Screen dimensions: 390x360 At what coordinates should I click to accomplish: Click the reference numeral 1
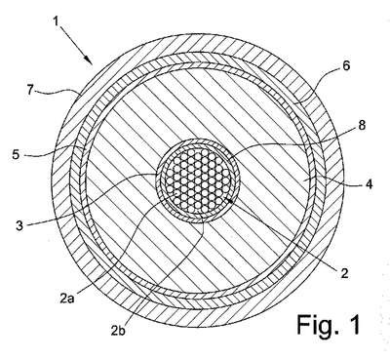click(x=56, y=21)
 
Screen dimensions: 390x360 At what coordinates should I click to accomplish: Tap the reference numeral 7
click(x=30, y=90)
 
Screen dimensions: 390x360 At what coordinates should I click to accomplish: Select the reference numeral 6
click(x=346, y=65)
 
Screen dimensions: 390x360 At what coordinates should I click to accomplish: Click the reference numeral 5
click(x=16, y=154)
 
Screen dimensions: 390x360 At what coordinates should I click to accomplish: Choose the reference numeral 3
click(x=19, y=225)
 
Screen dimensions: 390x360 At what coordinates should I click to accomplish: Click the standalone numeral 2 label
click(x=344, y=272)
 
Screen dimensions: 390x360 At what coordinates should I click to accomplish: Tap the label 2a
click(x=67, y=298)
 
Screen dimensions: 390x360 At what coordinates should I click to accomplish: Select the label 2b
click(x=118, y=331)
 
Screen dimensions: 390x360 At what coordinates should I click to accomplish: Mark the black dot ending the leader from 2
click(x=230, y=201)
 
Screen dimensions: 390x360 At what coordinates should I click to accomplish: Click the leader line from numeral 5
click(x=50, y=152)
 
